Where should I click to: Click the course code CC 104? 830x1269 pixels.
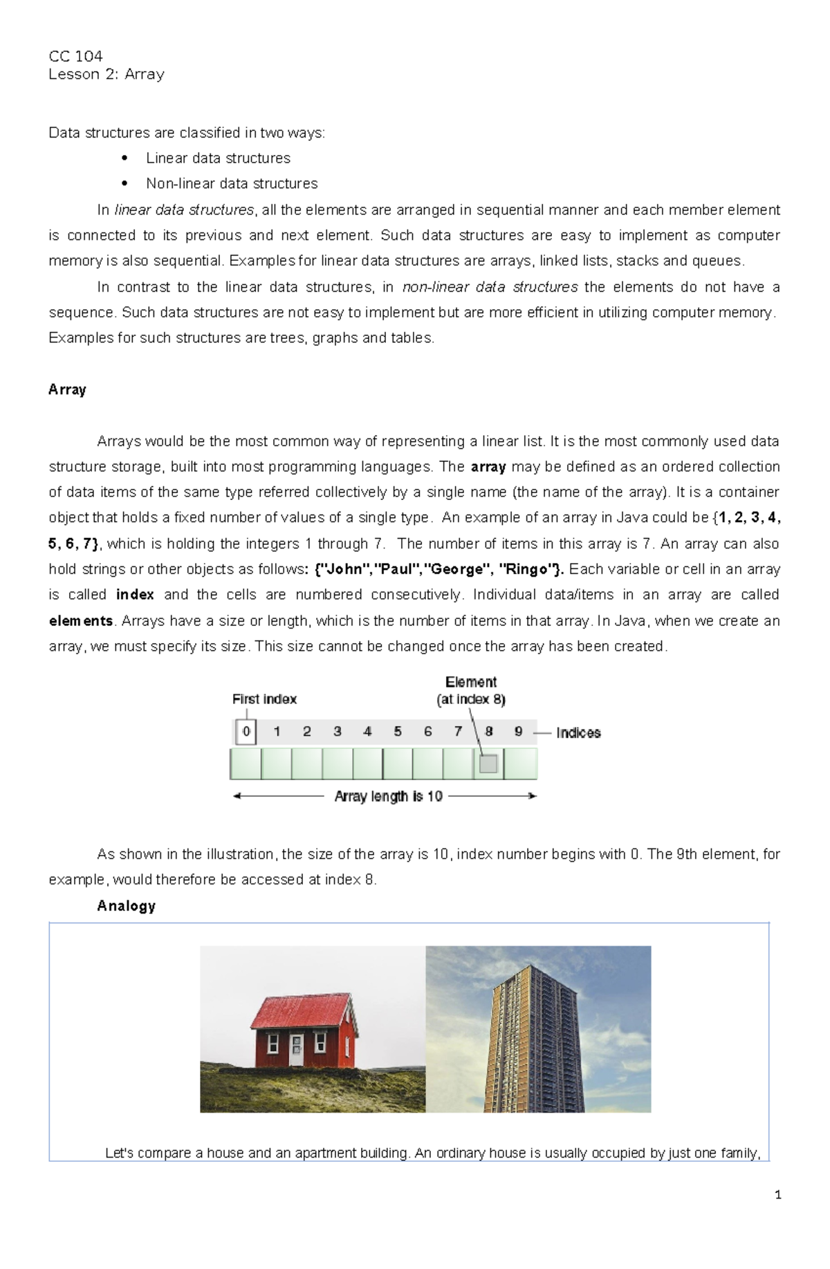pyautogui.click(x=75, y=56)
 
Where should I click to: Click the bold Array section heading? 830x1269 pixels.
pyautogui.click(x=67, y=389)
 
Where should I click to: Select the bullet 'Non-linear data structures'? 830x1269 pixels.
pyautogui.click(x=232, y=183)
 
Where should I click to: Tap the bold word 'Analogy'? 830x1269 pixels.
pyautogui.click(x=126, y=906)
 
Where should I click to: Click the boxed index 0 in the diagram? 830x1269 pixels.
pyautogui.click(x=246, y=731)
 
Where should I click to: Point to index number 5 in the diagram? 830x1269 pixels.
pyautogui.click(x=398, y=731)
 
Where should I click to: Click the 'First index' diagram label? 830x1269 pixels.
pyautogui.click(x=264, y=699)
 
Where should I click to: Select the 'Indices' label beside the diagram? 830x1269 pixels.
pyautogui.click(x=578, y=733)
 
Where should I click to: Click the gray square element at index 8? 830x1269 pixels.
pyautogui.click(x=488, y=763)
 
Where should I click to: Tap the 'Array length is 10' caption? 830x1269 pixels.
pyautogui.click(x=388, y=797)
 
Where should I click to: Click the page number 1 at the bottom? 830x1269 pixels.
pyautogui.click(x=778, y=1195)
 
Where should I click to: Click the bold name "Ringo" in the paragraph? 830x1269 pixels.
pyautogui.click(x=528, y=569)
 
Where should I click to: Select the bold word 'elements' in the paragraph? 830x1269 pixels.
pyautogui.click(x=81, y=621)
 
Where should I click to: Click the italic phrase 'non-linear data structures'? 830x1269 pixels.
pyautogui.click(x=490, y=287)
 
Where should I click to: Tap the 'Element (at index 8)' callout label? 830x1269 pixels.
pyautogui.click(x=471, y=690)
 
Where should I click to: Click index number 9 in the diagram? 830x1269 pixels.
pyautogui.click(x=519, y=731)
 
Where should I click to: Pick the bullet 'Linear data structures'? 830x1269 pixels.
pyautogui.click(x=218, y=158)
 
